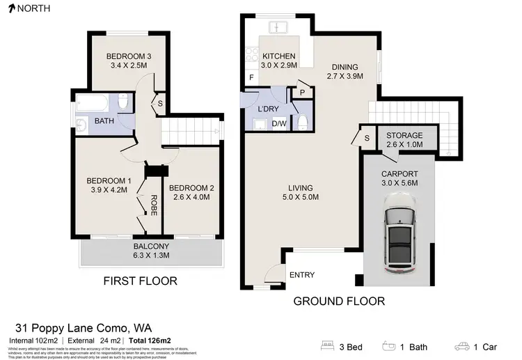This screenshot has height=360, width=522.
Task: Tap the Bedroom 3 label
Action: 129,56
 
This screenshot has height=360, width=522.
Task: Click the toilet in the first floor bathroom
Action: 123,103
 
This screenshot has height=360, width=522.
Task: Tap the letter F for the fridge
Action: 251,78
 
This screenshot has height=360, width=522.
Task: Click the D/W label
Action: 280,124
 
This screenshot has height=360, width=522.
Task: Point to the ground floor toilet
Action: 302,123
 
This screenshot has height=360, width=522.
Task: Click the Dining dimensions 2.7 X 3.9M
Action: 345,76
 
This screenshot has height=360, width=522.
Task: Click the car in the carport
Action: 400,233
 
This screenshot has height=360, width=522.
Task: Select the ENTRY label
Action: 301,275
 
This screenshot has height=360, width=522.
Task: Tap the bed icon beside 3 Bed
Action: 329,345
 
